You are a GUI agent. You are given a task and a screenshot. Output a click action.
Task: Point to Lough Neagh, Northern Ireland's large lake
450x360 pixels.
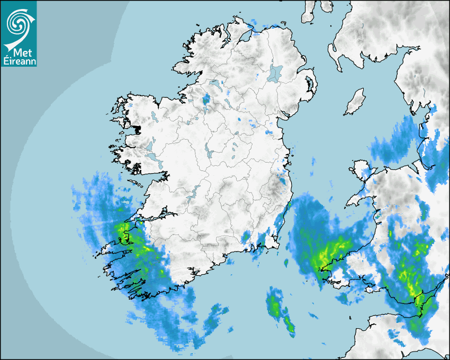click(x=275, y=73)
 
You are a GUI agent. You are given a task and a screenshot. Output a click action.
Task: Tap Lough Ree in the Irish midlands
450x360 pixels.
click(x=210, y=153)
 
